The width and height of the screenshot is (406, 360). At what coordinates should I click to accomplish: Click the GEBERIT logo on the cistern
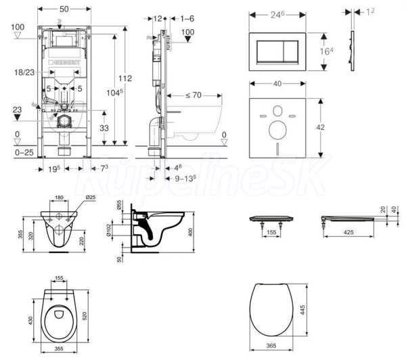coord(67,63)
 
